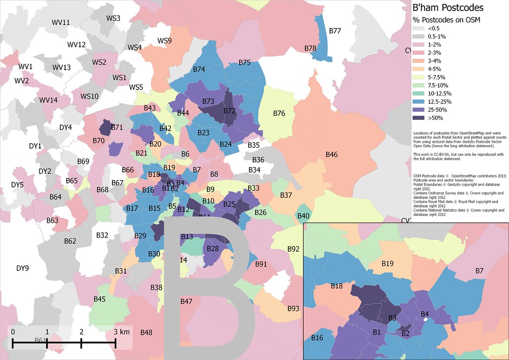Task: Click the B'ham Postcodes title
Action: [448, 8]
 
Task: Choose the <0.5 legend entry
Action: [427, 28]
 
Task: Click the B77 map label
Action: [335, 31]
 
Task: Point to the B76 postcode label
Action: [279, 113]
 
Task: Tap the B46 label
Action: [332, 155]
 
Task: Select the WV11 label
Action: [61, 22]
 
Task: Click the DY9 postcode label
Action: [22, 269]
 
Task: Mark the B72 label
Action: [229, 110]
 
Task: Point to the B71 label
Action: [117, 128]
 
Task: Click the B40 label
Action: [303, 216]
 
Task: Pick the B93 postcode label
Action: [293, 309]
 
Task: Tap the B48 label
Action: [146, 332]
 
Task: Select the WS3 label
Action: [113, 18]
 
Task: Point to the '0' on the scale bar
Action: [13, 332]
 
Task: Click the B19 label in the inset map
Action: [387, 263]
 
